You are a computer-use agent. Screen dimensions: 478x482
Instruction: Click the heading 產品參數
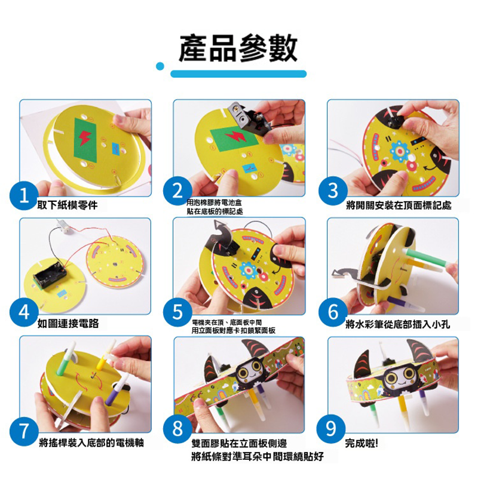[x=238, y=48]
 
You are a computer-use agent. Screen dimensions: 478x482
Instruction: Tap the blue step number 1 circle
[x=24, y=196]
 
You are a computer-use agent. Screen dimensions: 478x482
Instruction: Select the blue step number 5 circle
[x=178, y=312]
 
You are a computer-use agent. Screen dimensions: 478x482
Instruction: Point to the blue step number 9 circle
[x=331, y=429]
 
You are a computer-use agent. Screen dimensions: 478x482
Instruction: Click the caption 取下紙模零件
[x=68, y=205]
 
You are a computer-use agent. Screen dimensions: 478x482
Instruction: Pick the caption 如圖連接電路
[x=68, y=323]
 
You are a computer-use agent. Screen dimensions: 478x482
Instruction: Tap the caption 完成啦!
[x=361, y=443]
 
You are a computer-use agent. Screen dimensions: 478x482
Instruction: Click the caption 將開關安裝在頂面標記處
[x=399, y=205]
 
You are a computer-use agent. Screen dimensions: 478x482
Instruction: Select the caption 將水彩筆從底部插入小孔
[x=398, y=324]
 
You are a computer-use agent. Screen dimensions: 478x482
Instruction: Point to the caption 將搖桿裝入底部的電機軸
[x=91, y=443]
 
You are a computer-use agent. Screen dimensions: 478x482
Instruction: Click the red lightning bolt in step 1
[x=84, y=139]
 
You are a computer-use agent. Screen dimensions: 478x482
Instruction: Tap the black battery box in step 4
[x=50, y=275]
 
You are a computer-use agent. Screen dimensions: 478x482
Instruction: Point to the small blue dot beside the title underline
[x=160, y=66]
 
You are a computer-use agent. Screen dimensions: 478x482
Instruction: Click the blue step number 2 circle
[x=178, y=191]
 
